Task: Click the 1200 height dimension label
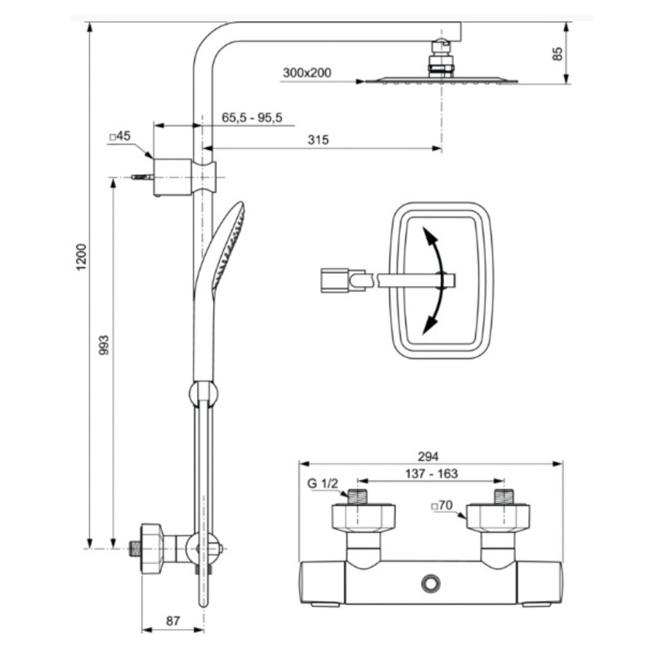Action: click(81, 257)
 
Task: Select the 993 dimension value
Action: click(104, 345)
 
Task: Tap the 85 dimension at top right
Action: click(558, 54)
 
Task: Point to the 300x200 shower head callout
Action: click(307, 73)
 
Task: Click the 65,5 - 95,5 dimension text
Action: click(252, 118)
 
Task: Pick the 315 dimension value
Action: click(318, 140)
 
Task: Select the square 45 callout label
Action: click(119, 136)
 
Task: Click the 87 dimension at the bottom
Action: click(172, 621)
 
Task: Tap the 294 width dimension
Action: click(428, 457)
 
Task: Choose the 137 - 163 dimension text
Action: click(432, 474)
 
